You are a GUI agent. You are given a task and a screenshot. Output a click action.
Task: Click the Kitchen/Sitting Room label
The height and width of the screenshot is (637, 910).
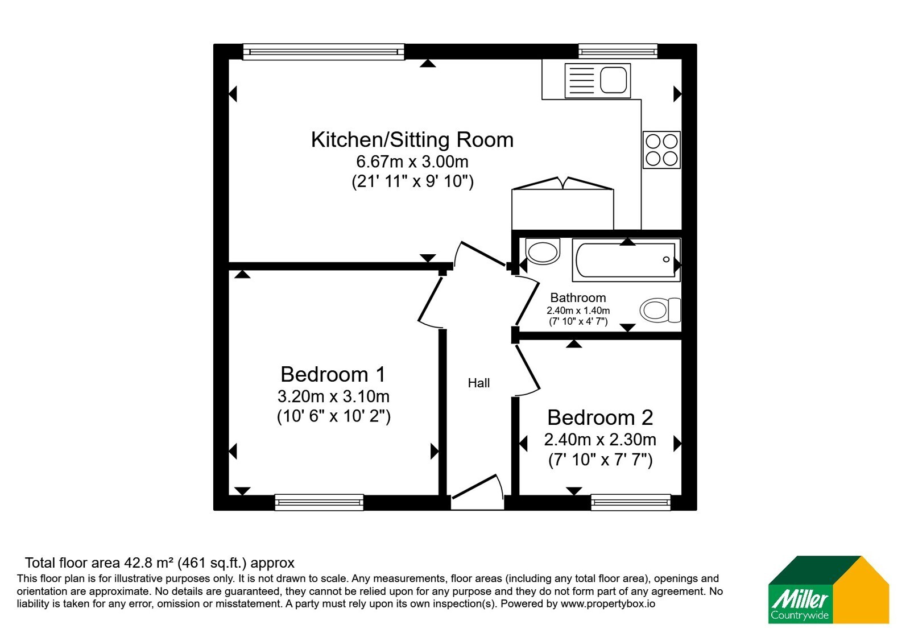click(412, 140)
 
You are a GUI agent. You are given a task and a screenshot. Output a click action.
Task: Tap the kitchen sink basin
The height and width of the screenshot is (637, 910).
click(614, 80)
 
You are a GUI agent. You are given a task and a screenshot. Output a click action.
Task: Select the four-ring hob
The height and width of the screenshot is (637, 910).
click(661, 150)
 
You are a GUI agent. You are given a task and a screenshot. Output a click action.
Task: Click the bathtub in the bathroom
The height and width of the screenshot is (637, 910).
click(626, 260)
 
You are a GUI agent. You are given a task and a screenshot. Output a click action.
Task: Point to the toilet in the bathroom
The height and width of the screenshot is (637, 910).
click(660, 310)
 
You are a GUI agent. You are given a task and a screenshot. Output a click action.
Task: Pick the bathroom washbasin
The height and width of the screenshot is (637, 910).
click(543, 251)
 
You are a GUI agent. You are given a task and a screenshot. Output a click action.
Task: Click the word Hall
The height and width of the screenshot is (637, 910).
click(478, 383)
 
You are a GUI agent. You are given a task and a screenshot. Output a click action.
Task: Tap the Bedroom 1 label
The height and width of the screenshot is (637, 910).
click(333, 374)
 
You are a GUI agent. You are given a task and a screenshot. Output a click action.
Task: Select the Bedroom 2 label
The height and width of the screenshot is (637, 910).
click(600, 417)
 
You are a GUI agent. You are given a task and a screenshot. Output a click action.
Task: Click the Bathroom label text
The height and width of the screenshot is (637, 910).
click(578, 298)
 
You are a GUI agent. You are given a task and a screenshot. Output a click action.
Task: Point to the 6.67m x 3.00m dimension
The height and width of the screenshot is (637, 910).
click(412, 162)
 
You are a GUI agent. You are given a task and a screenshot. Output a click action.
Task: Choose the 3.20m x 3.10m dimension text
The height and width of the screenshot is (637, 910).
click(333, 396)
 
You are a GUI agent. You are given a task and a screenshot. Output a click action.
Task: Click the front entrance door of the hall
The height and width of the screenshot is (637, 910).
click(478, 491)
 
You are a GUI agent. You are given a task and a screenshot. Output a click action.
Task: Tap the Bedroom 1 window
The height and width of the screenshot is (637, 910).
click(319, 502)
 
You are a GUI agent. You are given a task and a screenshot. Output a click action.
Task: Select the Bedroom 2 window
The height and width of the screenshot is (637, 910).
click(631, 502)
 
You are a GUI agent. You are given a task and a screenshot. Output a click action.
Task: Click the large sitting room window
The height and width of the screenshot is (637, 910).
click(324, 52)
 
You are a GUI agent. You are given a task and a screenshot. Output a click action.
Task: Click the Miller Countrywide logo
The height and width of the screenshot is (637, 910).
click(828, 589)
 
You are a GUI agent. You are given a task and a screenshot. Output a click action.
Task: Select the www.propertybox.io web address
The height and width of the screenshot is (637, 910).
click(608, 603)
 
